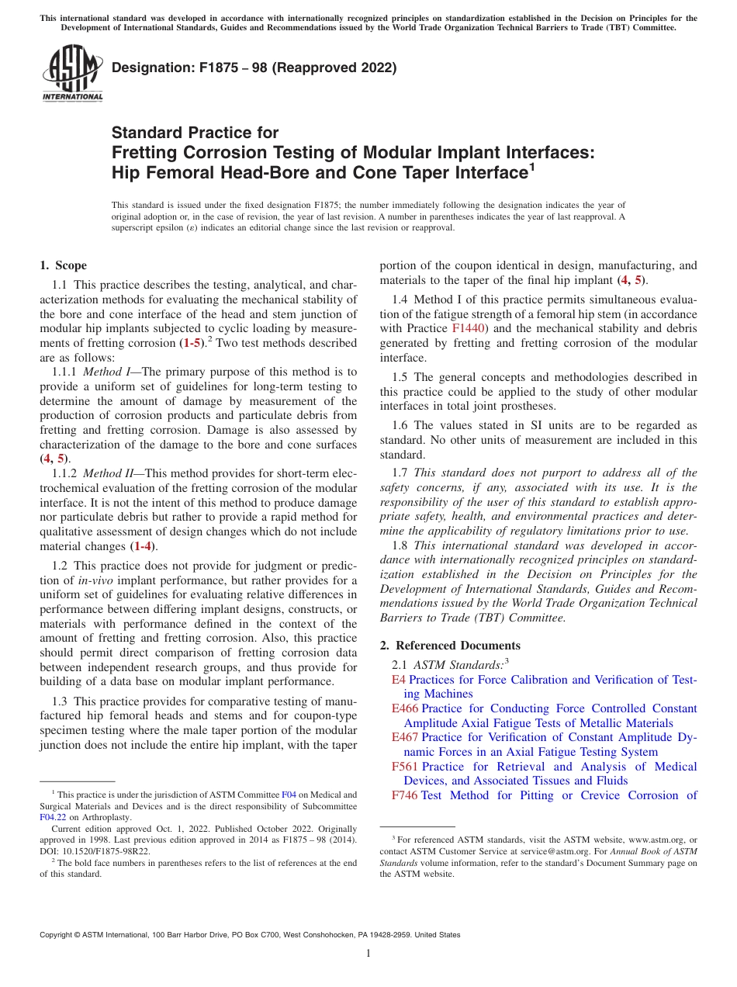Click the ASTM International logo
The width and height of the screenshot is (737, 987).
[x=71, y=74]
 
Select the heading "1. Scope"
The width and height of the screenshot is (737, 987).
[x=63, y=265]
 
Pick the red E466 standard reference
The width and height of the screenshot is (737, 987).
[x=405, y=708]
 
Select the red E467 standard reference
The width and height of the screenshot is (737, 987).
[x=405, y=737]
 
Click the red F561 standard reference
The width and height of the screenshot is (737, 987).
[x=405, y=767]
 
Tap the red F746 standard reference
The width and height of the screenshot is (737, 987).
[x=405, y=795]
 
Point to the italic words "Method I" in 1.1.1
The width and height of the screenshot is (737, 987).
[x=106, y=372]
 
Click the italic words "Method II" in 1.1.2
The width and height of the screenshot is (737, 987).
[x=108, y=473]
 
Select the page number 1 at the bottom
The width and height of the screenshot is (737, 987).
[x=368, y=954]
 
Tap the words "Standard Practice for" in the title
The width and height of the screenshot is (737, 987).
[x=195, y=133]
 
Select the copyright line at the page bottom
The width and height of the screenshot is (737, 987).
[x=249, y=935]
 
